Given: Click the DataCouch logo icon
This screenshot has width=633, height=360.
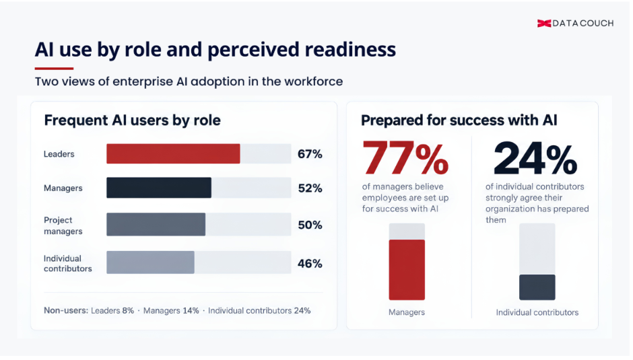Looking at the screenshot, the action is tap(544, 24).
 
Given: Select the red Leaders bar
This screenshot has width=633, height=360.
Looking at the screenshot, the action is tap(173, 154).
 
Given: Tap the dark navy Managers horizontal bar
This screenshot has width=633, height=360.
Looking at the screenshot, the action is tap(159, 188).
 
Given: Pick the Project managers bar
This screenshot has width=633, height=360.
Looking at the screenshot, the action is tap(156, 224).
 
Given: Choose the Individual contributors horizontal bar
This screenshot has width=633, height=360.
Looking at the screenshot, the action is tap(150, 262).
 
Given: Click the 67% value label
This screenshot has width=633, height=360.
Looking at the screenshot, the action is tap(310, 154).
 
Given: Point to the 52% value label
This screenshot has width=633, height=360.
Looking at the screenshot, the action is tap(310, 188).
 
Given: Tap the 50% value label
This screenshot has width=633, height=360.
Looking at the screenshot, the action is tap(310, 225).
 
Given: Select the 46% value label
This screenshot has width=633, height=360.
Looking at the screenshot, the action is tap(310, 264).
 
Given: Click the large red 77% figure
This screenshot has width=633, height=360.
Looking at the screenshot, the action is tap(405, 158).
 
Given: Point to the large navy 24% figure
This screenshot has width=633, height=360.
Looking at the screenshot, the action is tap(535, 158).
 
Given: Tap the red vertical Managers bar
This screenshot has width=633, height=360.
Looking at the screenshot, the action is tap(407, 270).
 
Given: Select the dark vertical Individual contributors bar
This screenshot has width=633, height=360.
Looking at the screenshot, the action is tap(537, 287).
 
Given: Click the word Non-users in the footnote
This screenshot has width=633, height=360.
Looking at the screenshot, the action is tap(66, 311).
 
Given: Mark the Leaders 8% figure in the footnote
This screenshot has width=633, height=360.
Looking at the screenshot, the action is tap(112, 311).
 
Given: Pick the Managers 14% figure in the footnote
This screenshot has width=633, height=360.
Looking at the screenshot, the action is tap(171, 311).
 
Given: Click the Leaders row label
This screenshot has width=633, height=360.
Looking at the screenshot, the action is tap(59, 154).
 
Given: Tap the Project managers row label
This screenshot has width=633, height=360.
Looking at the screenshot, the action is tap(63, 225).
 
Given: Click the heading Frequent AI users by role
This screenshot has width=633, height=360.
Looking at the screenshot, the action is tap(133, 120).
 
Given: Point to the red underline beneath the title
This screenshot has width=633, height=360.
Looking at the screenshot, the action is tap(54, 69).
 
